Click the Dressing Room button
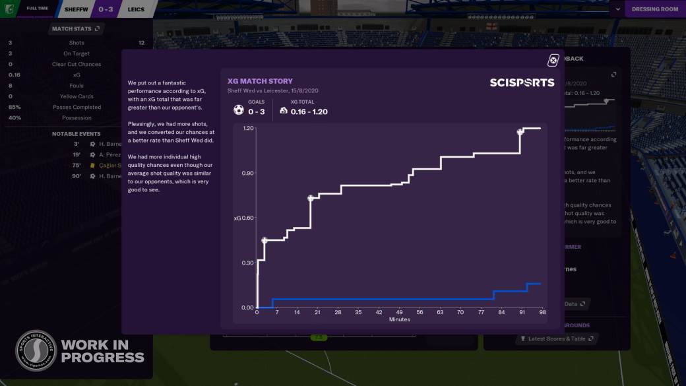pyautogui.click(x=654, y=9)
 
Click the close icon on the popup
pyautogui.click(x=553, y=61)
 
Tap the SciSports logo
pyautogui.click(x=522, y=82)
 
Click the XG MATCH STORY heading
pyautogui.click(x=260, y=81)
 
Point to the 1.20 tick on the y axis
pyautogui.click(x=248, y=128)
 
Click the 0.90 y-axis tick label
pyautogui.click(x=248, y=173)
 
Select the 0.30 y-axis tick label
pyautogui.click(x=248, y=263)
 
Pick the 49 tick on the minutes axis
pyautogui.click(x=399, y=312)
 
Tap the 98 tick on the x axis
pyautogui.click(x=542, y=312)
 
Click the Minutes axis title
pyautogui.click(x=399, y=319)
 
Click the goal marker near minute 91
pyautogui.click(x=520, y=132)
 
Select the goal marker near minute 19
pyautogui.click(x=311, y=198)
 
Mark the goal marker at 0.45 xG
pyautogui.click(x=265, y=240)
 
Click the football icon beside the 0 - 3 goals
pyautogui.click(x=239, y=110)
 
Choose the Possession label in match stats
pyautogui.click(x=77, y=118)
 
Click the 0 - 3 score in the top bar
pyautogui.click(x=106, y=9)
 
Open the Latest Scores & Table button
pyautogui.click(x=557, y=338)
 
